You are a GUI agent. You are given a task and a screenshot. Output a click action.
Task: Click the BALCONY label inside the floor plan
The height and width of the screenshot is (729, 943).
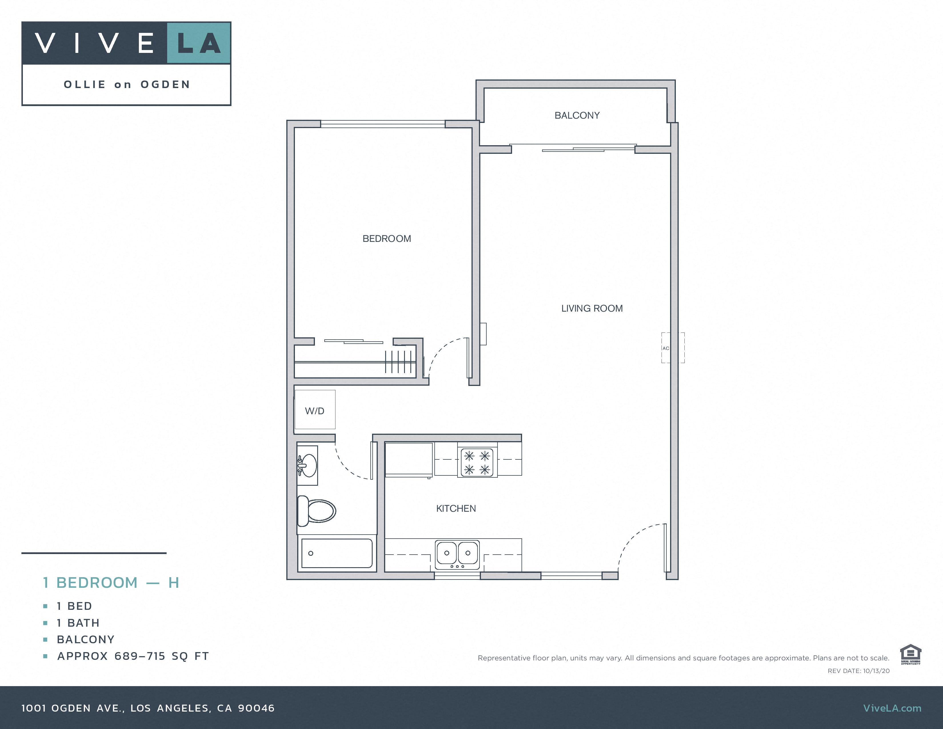point(577,115)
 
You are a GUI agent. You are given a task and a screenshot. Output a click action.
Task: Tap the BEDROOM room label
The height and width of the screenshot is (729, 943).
point(386,238)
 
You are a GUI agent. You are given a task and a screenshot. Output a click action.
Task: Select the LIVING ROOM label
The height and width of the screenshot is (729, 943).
point(592,308)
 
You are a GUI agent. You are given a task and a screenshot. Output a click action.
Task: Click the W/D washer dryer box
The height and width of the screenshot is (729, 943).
point(315,410)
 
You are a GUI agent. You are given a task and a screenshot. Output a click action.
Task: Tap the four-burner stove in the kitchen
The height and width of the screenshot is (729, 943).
point(477,462)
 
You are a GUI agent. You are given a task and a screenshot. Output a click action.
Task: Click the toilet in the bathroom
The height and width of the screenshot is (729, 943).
point(317,511)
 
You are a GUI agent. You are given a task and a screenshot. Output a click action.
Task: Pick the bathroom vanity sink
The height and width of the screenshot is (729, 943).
point(308,465)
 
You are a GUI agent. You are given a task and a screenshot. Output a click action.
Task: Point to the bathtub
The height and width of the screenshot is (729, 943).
point(337,553)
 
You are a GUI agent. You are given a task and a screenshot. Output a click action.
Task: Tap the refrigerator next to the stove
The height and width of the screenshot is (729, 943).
point(408,459)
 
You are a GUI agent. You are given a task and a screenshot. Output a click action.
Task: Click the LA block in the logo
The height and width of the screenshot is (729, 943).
point(199,43)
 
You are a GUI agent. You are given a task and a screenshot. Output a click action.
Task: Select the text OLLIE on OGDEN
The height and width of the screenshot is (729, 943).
point(127,85)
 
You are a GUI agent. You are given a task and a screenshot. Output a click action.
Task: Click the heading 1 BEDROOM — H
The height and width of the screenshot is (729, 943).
point(111,583)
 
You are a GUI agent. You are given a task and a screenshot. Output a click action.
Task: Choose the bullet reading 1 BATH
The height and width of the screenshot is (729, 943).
point(78,623)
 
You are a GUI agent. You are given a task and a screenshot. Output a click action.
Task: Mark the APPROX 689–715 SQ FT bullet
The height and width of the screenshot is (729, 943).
point(133,656)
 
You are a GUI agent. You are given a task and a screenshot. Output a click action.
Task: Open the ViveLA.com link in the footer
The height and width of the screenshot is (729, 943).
point(892,708)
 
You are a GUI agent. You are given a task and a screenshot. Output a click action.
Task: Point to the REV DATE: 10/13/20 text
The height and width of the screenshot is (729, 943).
point(858,671)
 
